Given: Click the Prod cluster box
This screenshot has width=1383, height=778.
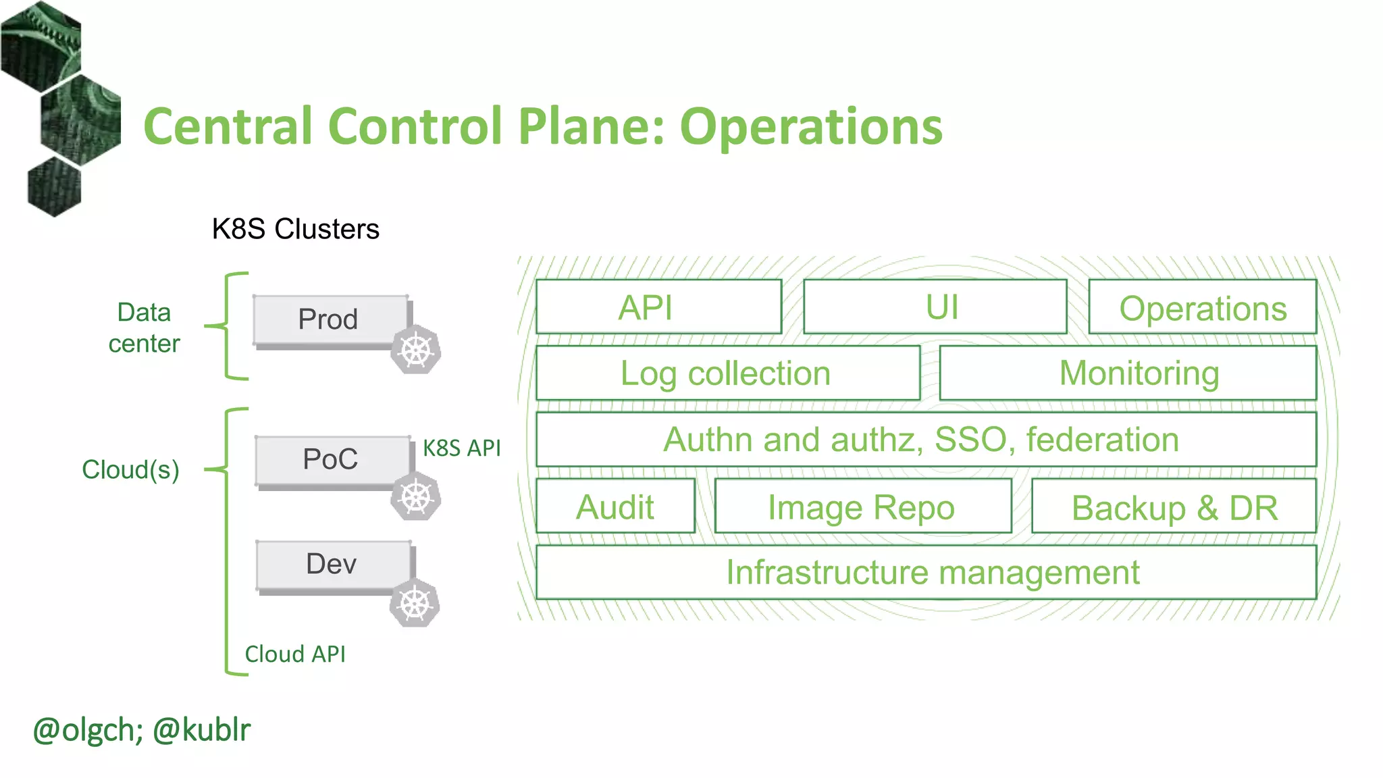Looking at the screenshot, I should pos(330,319).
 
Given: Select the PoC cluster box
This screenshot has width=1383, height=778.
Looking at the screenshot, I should pos(332,460).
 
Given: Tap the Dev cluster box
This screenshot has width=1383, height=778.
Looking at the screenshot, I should pos(333,565).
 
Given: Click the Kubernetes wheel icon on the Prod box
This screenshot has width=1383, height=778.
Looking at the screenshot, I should pos(416,350).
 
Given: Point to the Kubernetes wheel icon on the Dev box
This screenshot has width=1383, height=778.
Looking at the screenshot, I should pos(415,603).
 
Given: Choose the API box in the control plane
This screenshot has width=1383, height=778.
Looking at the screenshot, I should pos(658,307).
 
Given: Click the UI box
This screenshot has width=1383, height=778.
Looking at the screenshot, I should pos(935,307).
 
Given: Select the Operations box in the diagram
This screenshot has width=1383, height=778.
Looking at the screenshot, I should pos(1203,308).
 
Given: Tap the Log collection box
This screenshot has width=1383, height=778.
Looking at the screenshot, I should pos(727,373).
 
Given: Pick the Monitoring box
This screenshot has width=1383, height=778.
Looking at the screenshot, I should pos(1128,373).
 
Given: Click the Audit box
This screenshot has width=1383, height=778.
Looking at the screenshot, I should pos(615,507).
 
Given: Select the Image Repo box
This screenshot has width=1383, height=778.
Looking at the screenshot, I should pos(862,507).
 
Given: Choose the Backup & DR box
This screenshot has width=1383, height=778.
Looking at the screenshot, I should pos(1174,507).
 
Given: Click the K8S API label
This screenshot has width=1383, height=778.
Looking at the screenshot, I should pos(462,448).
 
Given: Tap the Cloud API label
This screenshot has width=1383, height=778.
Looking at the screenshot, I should pos(295,654).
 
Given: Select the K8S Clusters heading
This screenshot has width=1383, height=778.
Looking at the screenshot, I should pos(296,229).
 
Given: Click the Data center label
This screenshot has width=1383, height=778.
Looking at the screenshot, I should pos(144,328).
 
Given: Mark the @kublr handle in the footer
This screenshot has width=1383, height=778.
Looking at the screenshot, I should pos(201,730).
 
